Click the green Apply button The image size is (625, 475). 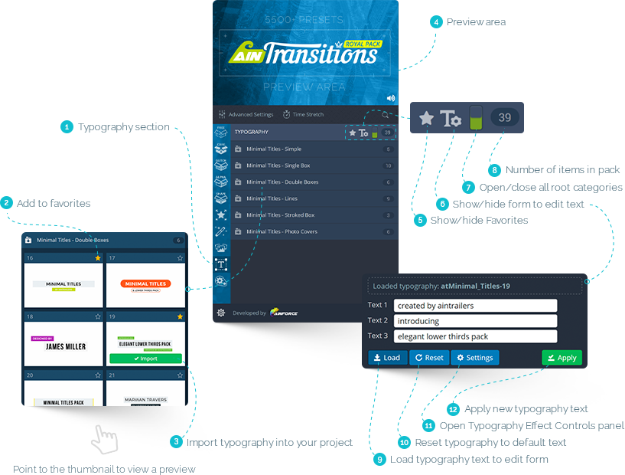[x=562, y=358]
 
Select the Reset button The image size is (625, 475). [x=428, y=358]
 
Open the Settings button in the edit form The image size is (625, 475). [x=474, y=358]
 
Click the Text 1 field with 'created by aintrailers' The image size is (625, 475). [x=475, y=305]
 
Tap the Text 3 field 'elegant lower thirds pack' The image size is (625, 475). [x=475, y=336]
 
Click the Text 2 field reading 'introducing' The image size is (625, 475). [x=475, y=321]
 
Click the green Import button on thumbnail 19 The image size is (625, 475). [x=145, y=358]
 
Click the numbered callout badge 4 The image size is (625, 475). [x=435, y=22]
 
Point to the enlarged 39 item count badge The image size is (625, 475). [x=504, y=117]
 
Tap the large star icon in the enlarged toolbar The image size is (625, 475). [x=427, y=118]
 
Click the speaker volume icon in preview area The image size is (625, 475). [x=390, y=98]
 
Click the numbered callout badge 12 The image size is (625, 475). [x=453, y=410]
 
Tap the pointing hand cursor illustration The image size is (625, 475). [x=105, y=440]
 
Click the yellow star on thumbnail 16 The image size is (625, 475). [x=97, y=259]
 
